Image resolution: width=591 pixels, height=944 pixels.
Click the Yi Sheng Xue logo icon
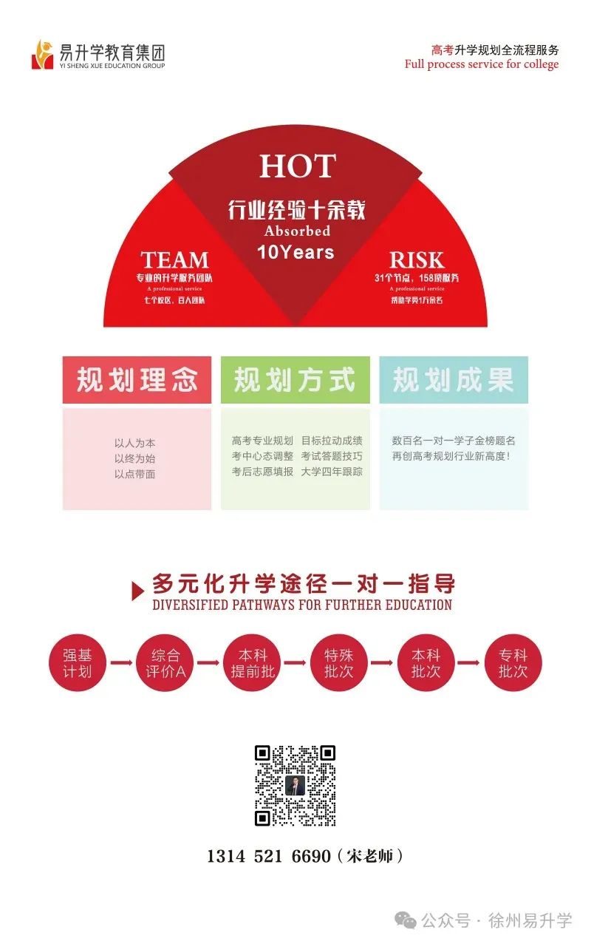coord(43,55)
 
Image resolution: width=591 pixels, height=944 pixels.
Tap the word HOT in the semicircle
coord(297,166)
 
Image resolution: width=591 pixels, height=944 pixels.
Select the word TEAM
coord(175,260)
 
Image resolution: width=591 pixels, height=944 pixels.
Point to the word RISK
coord(417,260)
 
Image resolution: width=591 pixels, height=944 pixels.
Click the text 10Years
coord(295,252)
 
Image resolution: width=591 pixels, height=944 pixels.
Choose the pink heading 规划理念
coord(137,380)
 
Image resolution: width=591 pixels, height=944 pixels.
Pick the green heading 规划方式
coord(295,380)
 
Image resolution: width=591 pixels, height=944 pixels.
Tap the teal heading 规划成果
coord(453,380)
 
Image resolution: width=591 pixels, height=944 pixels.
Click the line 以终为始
coord(134,458)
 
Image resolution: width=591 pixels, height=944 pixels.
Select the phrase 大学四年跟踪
coord(332,472)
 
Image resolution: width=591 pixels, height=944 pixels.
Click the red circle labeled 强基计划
coord(78,663)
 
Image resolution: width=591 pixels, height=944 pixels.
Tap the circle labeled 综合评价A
coord(165,663)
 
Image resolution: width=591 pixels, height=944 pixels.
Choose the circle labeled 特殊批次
coord(339,663)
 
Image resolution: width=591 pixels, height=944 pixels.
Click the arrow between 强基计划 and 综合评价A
coord(121,663)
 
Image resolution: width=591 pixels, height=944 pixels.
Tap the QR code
coord(295,786)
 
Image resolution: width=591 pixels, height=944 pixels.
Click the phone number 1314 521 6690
coord(269,856)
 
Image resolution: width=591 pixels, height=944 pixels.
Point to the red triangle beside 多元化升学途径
coord(137,591)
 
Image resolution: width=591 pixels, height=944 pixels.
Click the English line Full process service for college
coord(482,64)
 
